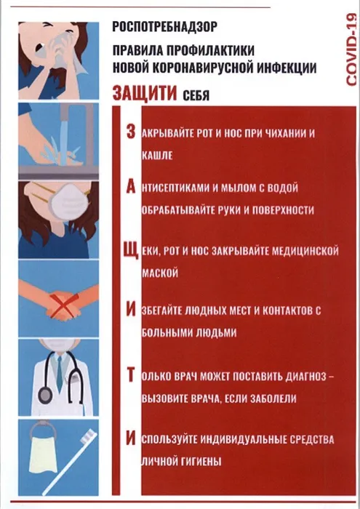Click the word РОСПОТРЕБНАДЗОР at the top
164,27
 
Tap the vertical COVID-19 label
351,49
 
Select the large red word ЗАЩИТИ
145,92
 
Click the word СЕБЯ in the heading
196,95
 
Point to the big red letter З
130,132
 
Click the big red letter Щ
131,252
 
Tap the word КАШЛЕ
157,156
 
